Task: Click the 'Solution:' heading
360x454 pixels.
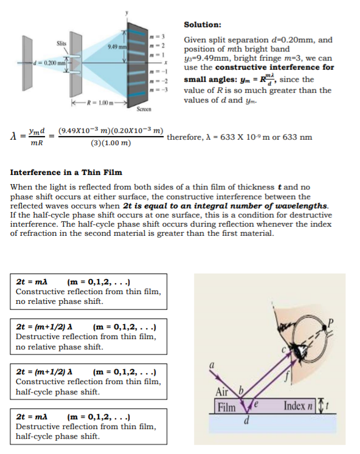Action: click(202, 24)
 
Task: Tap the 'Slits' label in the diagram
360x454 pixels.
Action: click(61, 43)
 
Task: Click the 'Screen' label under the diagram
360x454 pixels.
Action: click(144, 109)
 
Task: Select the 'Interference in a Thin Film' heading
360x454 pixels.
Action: click(66, 173)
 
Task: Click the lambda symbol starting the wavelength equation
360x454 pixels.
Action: click(13, 136)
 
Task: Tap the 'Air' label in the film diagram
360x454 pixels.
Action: click(222, 392)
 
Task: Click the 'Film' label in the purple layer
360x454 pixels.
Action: click(226, 407)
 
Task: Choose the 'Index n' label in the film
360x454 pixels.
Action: click(298, 406)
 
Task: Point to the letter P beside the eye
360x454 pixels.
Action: click(331, 322)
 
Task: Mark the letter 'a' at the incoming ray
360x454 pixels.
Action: click(212, 365)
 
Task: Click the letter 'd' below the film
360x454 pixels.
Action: click(246, 420)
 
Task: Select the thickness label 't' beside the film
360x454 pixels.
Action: click(327, 405)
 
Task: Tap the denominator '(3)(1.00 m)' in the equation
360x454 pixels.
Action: click(111, 143)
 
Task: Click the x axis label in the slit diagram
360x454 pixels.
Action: click(166, 63)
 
